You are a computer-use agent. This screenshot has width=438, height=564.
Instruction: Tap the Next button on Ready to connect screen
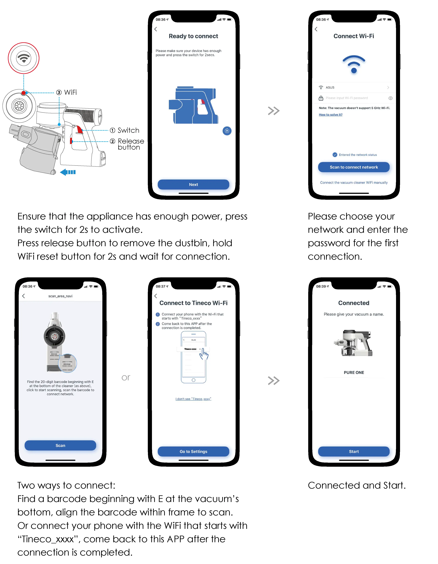193,184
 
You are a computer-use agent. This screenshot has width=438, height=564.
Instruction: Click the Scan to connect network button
354,167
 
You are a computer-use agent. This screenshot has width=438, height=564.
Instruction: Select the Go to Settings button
193,451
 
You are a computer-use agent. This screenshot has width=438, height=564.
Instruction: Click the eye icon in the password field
390,98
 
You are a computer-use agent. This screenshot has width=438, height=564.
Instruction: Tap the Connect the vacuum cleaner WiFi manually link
354,183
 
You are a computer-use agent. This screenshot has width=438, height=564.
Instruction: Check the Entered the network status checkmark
335,155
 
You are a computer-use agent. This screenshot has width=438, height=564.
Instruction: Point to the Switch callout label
128,130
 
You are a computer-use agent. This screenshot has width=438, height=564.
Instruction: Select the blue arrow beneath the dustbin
68,172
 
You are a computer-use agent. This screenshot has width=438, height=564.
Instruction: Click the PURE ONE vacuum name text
354,372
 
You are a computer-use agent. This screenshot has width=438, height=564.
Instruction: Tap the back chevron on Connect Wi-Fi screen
316,29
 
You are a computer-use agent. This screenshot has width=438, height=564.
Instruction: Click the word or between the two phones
126,378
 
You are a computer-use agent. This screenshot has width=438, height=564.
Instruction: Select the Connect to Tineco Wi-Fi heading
193,303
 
